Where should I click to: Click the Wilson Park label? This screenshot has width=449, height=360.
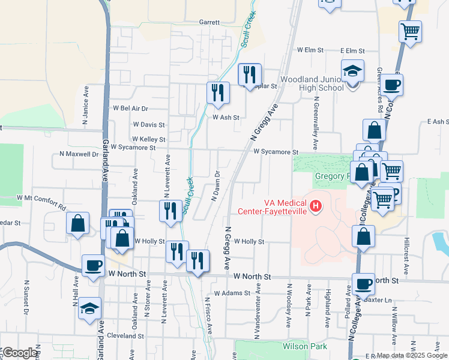pos(306,346)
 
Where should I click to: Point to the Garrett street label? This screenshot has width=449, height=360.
pos(209,22)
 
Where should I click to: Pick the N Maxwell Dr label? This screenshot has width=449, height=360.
pos(78,154)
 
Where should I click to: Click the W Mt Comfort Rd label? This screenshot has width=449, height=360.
pos(41,197)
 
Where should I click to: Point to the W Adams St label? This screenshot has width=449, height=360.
pos(231,293)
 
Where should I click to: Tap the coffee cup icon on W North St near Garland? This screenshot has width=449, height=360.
pos(93,265)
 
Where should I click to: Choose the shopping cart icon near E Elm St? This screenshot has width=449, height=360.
pos(410,31)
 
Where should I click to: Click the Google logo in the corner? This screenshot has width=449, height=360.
pos(19,353)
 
